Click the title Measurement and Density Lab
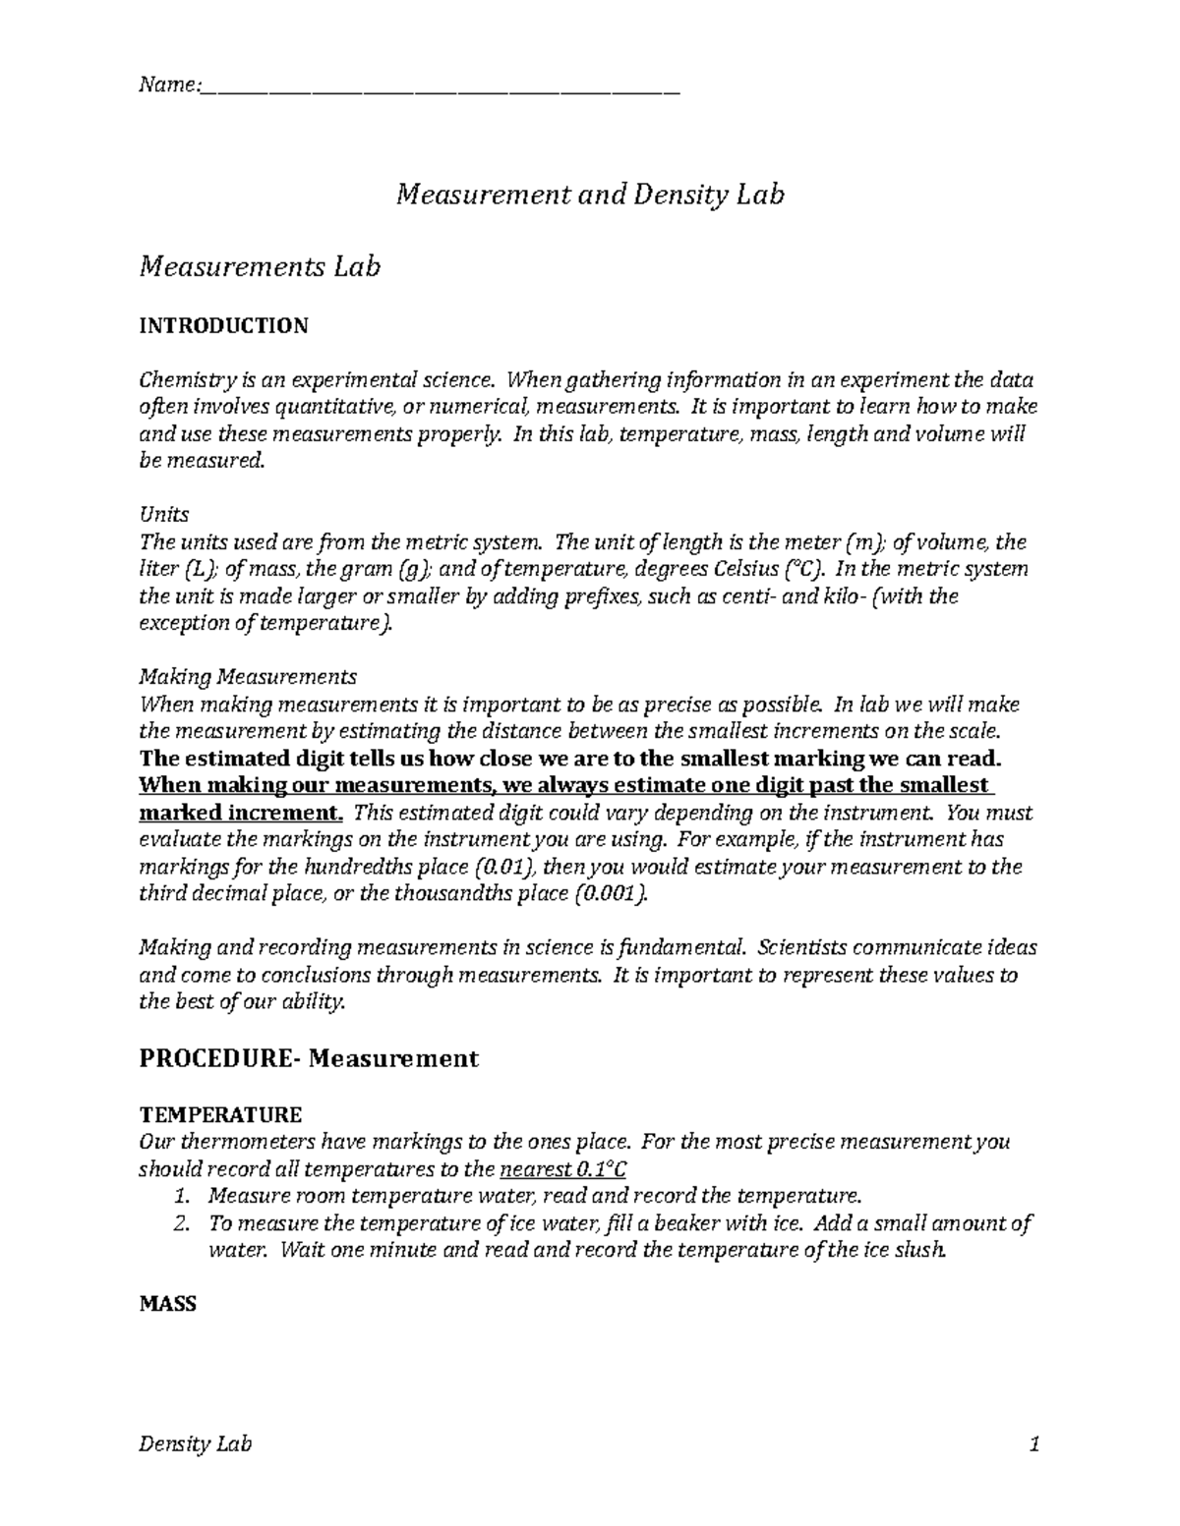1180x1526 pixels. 589,195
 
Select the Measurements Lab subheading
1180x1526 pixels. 260,265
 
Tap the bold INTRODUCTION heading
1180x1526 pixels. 224,325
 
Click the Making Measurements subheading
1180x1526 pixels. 249,677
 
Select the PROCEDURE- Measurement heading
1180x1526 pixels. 309,1058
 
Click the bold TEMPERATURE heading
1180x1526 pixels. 221,1115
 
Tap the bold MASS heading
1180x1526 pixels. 168,1304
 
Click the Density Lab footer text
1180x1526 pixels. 196,1444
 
